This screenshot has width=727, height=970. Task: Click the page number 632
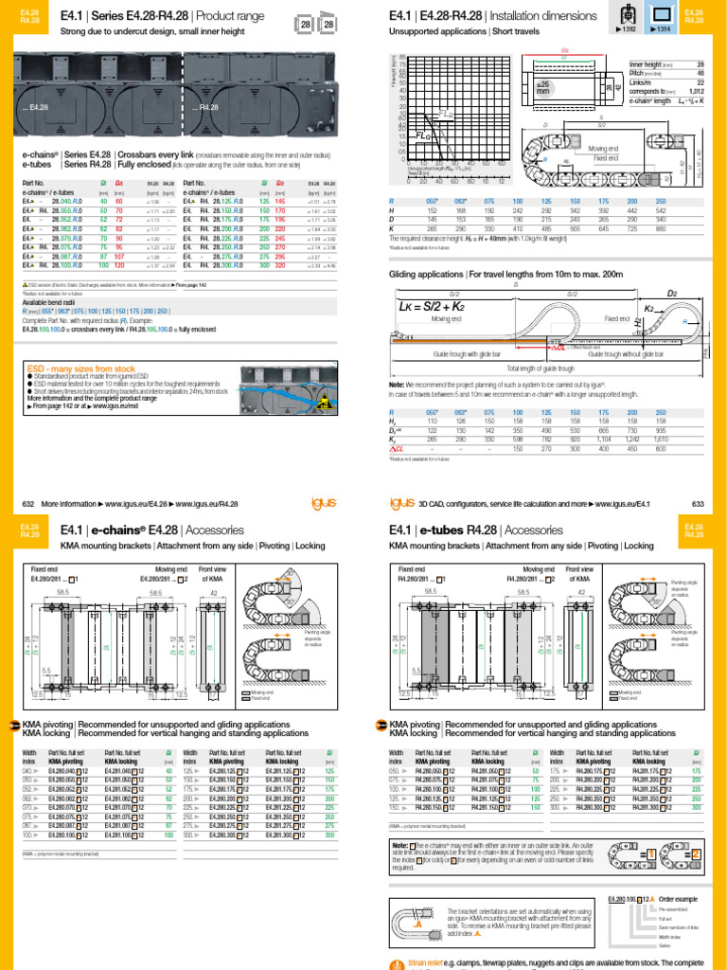pos(26,504)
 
